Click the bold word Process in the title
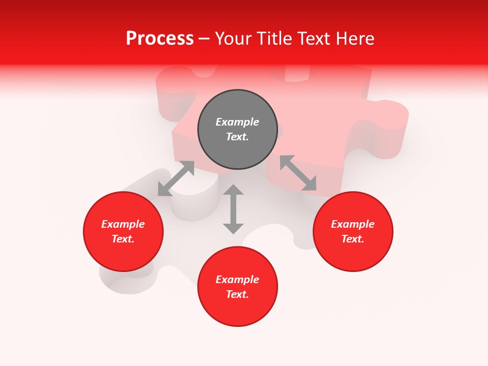(160, 39)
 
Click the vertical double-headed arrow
(233, 209)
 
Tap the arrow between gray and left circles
(176, 178)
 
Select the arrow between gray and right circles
(298, 173)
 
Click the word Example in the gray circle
(237, 122)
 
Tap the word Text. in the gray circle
(237, 137)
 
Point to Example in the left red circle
(123, 224)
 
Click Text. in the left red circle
(123, 239)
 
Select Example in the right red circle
(353, 224)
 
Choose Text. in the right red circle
(353, 239)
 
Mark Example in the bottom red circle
(237, 280)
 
